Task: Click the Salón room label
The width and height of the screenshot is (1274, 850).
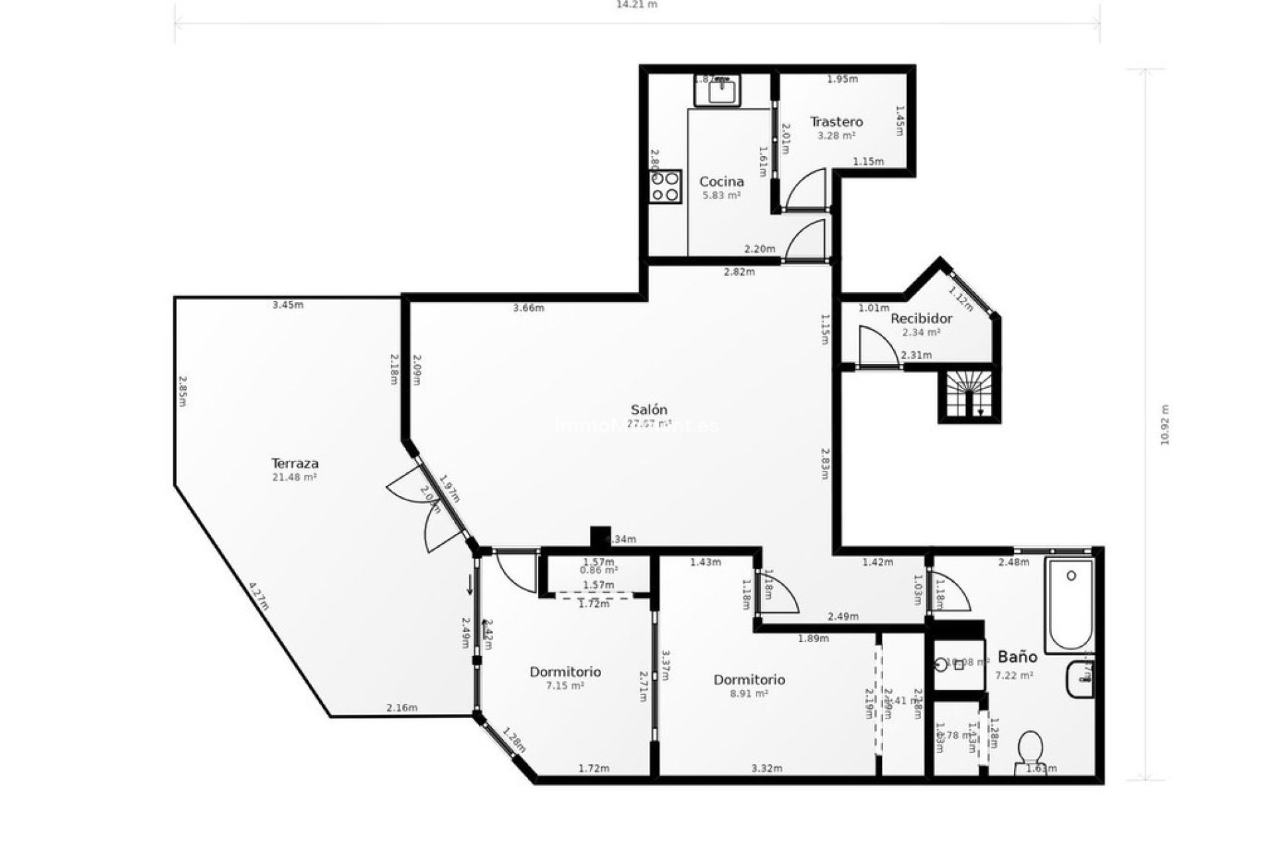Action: [648, 410]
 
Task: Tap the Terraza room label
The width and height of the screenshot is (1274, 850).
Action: [295, 463]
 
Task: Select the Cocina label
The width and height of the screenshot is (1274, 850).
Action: [721, 181]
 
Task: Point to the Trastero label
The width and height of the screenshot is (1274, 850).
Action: [836, 122]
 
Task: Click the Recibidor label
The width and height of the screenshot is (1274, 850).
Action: [921, 318]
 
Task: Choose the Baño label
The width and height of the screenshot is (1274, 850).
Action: [1017, 657]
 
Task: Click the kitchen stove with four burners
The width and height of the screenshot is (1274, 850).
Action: [666, 186]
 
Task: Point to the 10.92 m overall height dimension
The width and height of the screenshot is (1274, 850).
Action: [1165, 425]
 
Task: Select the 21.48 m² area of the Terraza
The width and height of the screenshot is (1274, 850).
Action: [295, 477]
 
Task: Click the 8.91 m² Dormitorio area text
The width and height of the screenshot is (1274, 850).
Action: [749, 693]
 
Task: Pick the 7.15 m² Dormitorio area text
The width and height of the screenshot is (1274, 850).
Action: [565, 685]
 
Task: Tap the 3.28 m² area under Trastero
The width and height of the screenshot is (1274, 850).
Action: [836, 135]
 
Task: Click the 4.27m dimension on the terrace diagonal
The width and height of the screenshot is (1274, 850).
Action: [259, 596]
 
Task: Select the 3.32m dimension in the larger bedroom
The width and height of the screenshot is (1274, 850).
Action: [766, 768]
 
